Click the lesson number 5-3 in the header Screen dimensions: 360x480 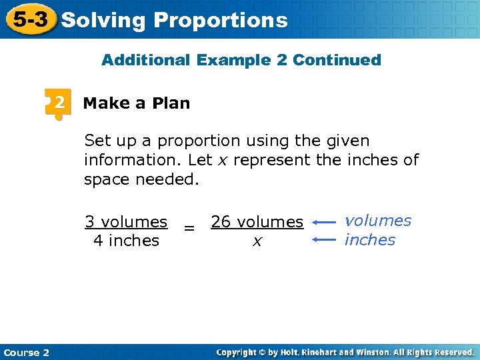click(x=30, y=19)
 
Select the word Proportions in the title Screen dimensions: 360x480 click(x=221, y=20)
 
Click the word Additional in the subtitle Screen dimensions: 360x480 click(x=146, y=60)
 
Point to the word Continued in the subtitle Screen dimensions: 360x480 click(x=337, y=60)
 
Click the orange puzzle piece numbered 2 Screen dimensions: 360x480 click(x=58, y=103)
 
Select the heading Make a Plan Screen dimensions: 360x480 click(x=137, y=103)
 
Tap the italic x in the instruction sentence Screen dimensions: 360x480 click(x=227, y=160)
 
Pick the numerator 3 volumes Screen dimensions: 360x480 click(x=126, y=221)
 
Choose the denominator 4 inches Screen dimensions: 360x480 click(x=126, y=240)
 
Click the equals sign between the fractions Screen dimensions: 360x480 click(x=189, y=229)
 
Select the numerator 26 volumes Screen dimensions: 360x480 click(x=257, y=222)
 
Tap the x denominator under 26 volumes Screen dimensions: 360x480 click(x=257, y=241)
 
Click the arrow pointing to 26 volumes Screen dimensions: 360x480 click(x=325, y=222)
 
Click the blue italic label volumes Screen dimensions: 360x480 click(x=378, y=221)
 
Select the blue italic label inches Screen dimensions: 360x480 click(x=370, y=240)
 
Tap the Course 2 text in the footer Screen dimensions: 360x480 click(x=26, y=353)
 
